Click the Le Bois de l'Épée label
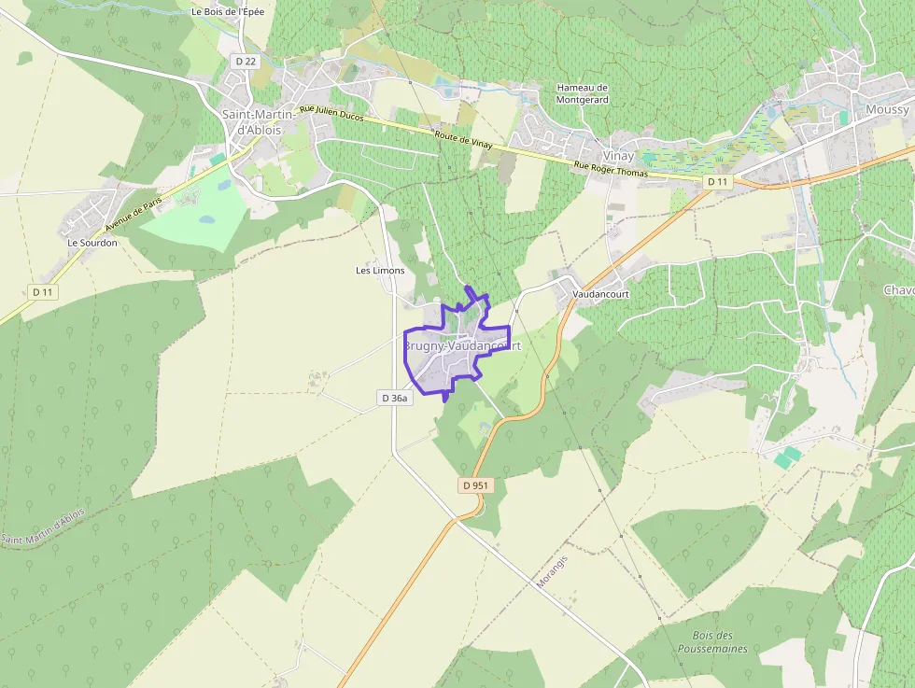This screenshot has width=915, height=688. pos(227,12)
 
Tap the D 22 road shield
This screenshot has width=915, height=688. pos(246,61)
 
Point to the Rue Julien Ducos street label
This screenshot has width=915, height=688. pos(331,114)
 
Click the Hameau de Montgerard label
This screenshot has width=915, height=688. pos(582,93)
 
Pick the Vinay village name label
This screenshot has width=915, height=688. pos(618,156)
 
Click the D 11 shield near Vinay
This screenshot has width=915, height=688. pos(717,181)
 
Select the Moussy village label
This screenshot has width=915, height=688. pos(887,109)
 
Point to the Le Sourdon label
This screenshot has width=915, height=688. pos(92,242)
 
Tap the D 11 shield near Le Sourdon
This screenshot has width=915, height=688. pos(43,292)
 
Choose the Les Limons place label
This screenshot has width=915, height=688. pos(380,270)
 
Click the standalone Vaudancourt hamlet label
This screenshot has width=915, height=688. pos(600,293)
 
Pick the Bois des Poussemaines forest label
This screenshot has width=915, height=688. pos(712,641)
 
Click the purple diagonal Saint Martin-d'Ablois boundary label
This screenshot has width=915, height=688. pos(43,527)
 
